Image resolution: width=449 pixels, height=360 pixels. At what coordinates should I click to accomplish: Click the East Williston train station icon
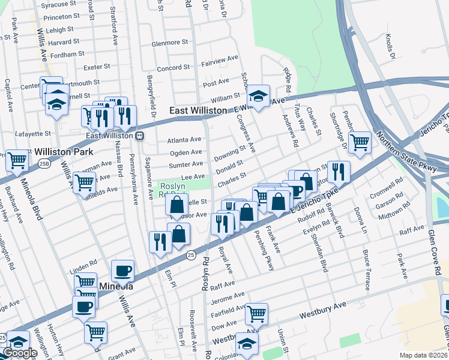pyautogui.click(x=139, y=136)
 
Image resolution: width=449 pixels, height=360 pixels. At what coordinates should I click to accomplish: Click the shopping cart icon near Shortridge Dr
pyautogui.click(x=360, y=142)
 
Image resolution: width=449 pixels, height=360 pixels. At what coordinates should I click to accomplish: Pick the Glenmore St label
pyautogui.click(x=170, y=43)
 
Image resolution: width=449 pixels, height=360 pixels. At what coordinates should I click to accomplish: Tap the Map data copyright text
pyautogui.click(x=423, y=355)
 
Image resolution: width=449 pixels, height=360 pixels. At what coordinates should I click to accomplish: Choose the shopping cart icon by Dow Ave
pyautogui.click(x=256, y=313)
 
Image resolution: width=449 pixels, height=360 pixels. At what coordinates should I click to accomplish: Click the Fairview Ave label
pyautogui.click(x=219, y=62)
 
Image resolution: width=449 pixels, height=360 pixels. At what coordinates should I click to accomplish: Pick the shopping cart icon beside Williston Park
pyautogui.click(x=17, y=160)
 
